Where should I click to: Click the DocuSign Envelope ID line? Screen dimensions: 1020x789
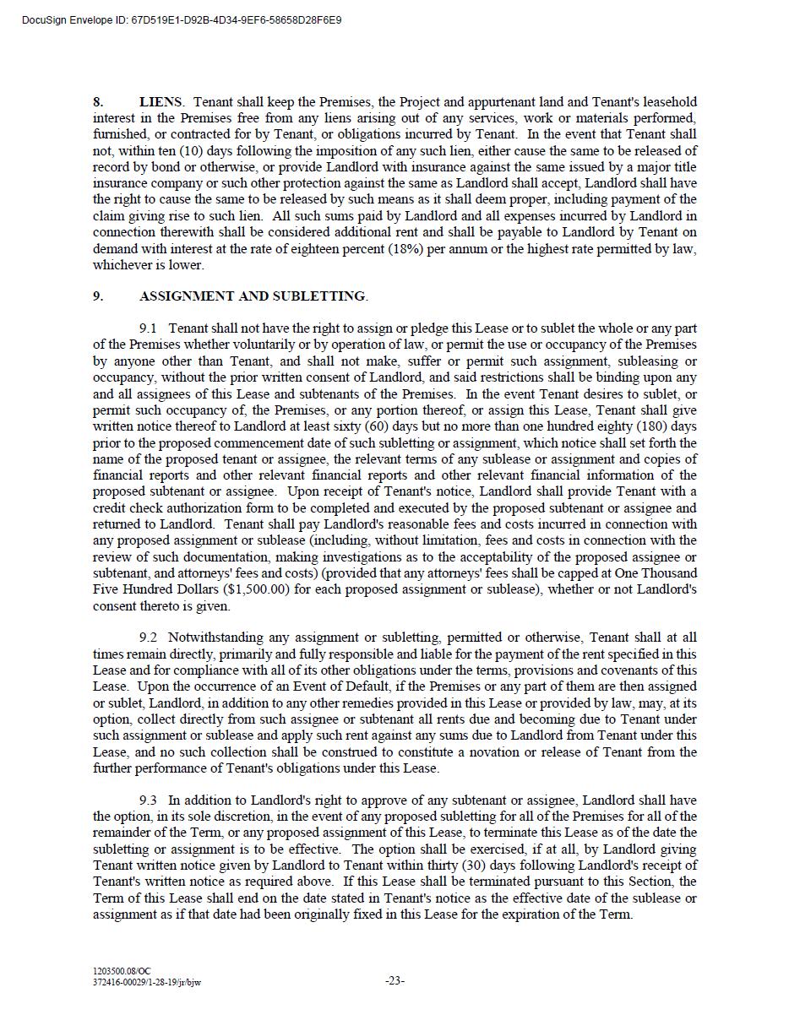182,19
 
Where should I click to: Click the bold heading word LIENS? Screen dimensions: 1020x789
161,102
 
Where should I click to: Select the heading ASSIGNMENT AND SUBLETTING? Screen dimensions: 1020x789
253,296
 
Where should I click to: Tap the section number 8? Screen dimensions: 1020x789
98,102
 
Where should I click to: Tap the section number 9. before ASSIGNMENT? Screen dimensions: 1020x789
98,296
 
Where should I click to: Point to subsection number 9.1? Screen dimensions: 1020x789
148,328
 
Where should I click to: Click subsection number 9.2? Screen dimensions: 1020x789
148,637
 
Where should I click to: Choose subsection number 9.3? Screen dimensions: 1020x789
148,800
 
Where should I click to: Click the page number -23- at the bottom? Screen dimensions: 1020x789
394,981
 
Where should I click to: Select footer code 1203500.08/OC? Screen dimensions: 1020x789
122,972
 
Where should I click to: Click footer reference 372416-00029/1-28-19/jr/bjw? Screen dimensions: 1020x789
147,982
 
